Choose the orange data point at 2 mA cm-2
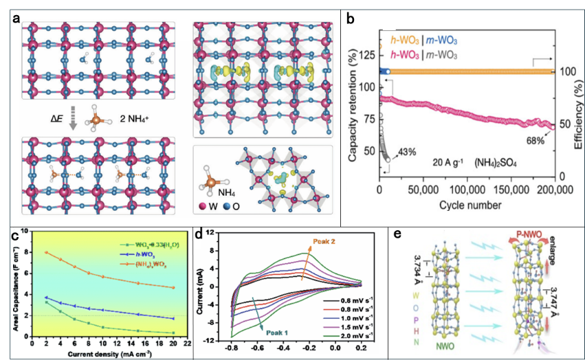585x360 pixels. click(x=47, y=252)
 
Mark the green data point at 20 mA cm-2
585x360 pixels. click(x=173, y=333)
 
